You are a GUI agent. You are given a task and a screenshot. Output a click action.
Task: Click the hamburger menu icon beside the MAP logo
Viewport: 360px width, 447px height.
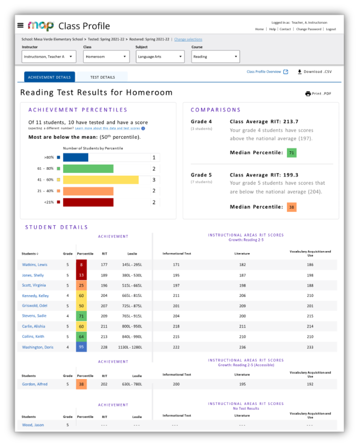click(20, 25)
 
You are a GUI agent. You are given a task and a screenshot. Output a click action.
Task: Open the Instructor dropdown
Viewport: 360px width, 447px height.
click(49, 57)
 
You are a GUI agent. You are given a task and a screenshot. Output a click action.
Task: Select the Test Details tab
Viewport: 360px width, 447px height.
click(102, 77)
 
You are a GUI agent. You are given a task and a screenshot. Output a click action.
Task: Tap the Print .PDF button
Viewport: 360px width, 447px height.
click(318, 94)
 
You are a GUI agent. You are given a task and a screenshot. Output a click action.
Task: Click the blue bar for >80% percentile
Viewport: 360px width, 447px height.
click(75, 157)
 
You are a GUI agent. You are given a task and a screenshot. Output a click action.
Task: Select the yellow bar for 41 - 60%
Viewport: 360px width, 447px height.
click(101, 180)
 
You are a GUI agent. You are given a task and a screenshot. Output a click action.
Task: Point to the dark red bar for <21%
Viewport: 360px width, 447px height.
click(88, 202)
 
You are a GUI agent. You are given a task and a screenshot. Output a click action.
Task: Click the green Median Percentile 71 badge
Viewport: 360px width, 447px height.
click(292, 153)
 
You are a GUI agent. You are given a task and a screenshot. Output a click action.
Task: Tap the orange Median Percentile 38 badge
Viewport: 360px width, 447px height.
click(292, 207)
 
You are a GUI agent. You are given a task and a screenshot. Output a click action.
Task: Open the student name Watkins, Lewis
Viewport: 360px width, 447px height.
click(35, 265)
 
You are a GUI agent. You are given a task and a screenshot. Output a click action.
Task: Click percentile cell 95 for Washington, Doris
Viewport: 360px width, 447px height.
click(81, 347)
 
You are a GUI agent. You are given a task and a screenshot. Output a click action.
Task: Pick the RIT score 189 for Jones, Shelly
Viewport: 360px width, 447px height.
click(104, 275)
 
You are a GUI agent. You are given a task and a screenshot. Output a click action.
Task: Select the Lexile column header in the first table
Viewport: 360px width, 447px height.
click(132, 254)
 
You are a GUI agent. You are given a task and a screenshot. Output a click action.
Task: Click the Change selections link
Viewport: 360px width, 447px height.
click(188, 39)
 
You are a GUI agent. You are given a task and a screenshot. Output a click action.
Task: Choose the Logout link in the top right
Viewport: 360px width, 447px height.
click(331, 29)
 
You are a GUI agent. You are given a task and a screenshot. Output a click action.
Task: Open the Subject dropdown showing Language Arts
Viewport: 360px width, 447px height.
click(160, 57)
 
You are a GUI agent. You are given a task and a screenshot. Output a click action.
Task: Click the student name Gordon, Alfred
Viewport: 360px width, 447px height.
click(35, 384)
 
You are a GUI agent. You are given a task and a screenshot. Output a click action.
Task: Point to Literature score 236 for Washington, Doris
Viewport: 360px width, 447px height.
click(242, 347)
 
